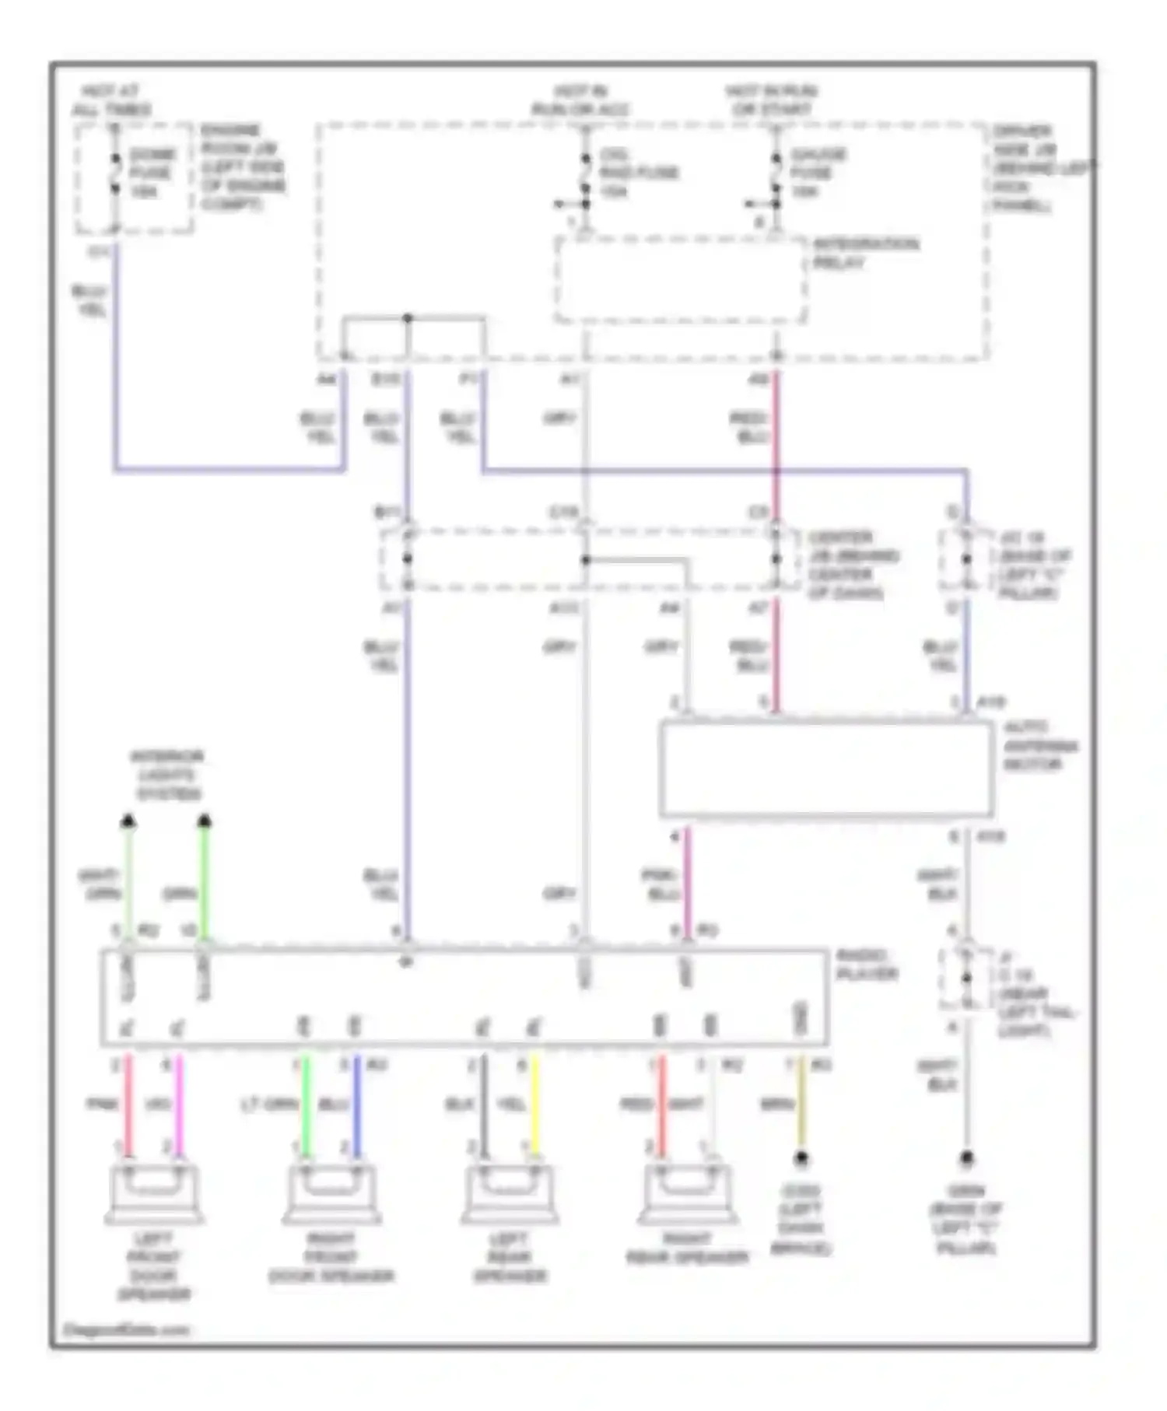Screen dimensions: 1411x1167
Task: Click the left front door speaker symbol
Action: click(154, 1193)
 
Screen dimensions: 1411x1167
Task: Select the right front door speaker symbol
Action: click(331, 1193)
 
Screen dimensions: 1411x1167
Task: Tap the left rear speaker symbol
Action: click(509, 1193)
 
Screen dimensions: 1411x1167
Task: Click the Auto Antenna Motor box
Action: click(825, 769)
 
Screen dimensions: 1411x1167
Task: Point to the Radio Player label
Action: click(867, 965)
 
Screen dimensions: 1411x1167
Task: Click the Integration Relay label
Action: click(865, 254)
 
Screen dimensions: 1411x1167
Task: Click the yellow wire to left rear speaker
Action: click(534, 1105)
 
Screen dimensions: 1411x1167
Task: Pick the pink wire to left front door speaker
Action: click(129, 1105)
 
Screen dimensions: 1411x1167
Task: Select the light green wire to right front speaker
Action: click(305, 1105)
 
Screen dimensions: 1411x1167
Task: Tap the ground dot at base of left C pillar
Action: click(966, 1158)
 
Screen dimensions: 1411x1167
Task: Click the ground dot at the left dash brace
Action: click(801, 1158)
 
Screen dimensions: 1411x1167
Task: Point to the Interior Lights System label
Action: click(167, 775)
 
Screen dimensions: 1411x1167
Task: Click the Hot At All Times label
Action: click(111, 100)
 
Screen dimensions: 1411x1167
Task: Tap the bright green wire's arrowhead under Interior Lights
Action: click(205, 821)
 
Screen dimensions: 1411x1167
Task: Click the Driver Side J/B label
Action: click(1039, 168)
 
